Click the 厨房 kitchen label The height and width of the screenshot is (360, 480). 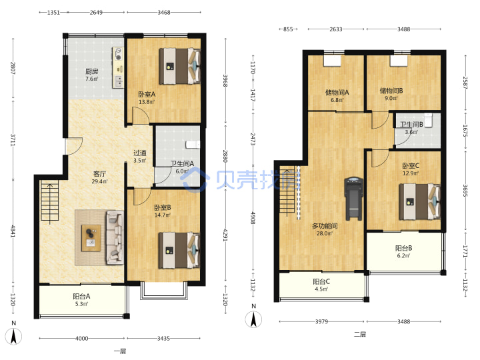click(x=91, y=71)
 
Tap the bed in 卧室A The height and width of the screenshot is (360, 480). click(x=180, y=66)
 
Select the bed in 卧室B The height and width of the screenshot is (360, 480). click(x=179, y=251)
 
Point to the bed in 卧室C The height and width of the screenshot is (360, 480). click(x=420, y=201)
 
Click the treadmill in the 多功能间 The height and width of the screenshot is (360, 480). click(x=353, y=199)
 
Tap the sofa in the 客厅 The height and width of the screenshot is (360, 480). click(x=115, y=237)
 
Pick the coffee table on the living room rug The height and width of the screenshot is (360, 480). click(x=91, y=238)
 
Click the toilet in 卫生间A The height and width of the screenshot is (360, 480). click(x=193, y=145)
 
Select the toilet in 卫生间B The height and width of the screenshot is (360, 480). click(x=428, y=120)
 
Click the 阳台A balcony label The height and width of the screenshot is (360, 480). click(x=81, y=296)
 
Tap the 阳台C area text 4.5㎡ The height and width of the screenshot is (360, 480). click(x=321, y=289)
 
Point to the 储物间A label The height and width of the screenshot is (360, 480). click(x=337, y=92)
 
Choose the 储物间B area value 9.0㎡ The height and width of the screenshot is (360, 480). click(x=391, y=98)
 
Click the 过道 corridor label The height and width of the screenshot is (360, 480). click(x=139, y=153)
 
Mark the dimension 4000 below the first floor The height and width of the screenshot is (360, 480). click(x=82, y=338)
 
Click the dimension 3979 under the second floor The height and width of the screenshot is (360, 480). click(x=321, y=321)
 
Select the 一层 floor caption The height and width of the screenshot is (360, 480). click(x=120, y=351)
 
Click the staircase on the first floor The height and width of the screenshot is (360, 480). click(x=49, y=201)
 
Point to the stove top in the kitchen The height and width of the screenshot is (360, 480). click(x=118, y=54)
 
